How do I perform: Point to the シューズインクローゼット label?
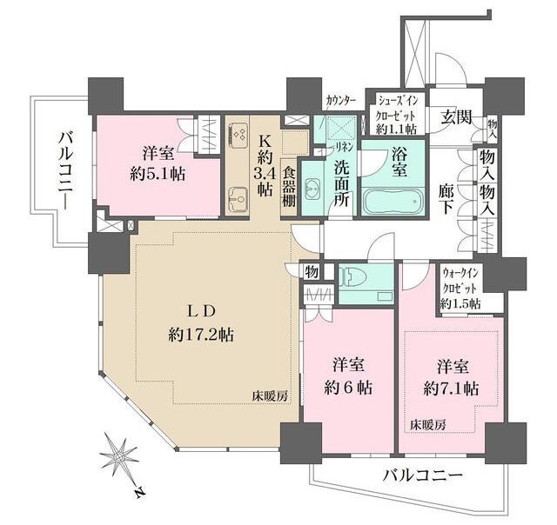pos(397,113)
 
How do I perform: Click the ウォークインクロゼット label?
pos(461,289)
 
